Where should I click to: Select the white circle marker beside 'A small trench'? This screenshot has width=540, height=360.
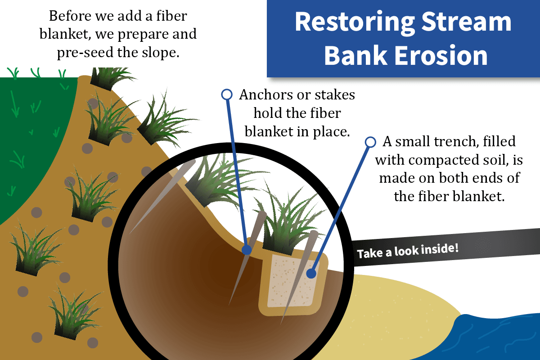[370, 142]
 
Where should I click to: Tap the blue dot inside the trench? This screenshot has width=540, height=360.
[310, 273]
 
